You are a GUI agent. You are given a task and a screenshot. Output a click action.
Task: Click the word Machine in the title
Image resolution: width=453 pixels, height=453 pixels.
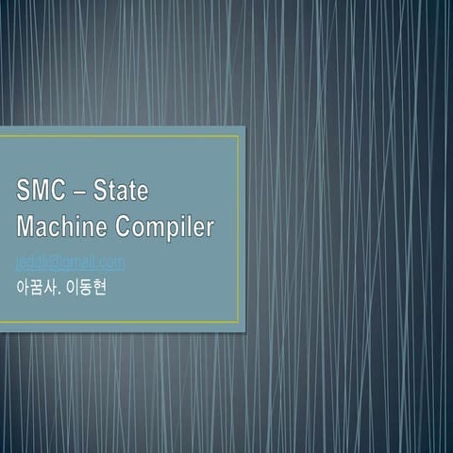click(x=62, y=226)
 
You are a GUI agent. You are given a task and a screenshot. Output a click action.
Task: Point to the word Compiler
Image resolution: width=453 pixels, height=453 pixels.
click(x=166, y=227)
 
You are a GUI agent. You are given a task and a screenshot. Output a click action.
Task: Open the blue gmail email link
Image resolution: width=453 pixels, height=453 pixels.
click(x=71, y=262)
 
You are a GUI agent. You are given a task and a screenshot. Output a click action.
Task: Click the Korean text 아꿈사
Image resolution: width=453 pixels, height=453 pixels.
click(x=37, y=285)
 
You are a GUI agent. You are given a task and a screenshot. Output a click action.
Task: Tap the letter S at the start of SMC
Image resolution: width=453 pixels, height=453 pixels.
click(x=24, y=192)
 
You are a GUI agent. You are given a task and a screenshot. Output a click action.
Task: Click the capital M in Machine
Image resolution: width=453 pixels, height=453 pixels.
click(x=26, y=226)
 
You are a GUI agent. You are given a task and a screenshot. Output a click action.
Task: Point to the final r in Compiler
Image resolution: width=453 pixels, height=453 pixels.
click(x=210, y=228)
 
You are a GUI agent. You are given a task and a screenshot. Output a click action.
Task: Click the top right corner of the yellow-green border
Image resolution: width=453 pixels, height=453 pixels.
click(x=238, y=137)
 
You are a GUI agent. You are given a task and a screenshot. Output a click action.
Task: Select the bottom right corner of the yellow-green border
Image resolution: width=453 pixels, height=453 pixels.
click(x=238, y=322)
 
